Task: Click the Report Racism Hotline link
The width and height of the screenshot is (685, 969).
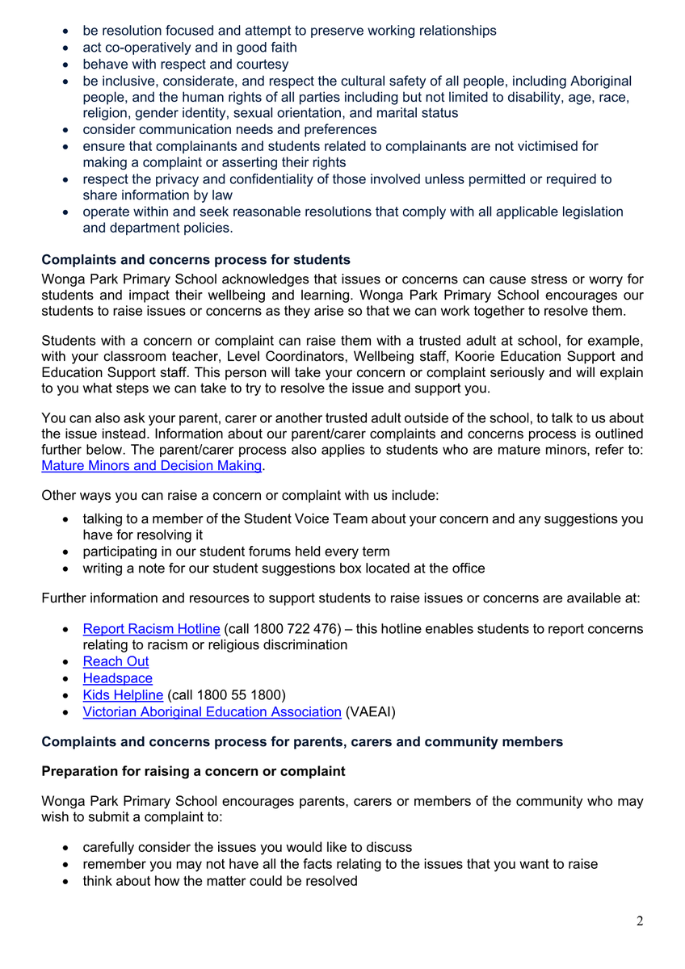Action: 151,628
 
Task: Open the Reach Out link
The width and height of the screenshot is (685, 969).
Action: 116,661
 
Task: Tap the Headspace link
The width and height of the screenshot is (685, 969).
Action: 117,678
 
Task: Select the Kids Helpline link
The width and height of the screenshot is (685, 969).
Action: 123,694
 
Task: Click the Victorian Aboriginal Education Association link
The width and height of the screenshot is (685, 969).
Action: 212,711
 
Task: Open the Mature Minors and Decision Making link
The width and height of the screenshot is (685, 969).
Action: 152,465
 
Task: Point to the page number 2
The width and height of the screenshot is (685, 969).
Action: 640,922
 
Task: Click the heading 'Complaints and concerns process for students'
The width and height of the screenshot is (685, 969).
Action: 195,260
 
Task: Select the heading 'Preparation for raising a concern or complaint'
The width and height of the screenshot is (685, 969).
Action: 193,771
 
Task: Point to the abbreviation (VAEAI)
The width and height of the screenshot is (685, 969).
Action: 370,711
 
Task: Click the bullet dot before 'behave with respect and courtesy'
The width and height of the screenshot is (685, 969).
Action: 65,65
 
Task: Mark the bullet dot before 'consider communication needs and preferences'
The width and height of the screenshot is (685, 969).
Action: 65,130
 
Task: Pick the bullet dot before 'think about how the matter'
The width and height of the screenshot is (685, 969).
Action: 65,881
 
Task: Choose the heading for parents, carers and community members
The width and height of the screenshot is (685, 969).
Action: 302,741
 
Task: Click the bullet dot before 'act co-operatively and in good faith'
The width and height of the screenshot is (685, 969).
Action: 65,48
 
